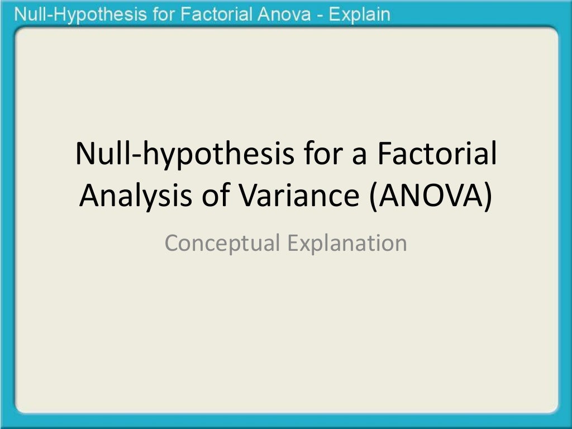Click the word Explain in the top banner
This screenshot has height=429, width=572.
[359, 15]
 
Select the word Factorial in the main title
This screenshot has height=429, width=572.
[436, 154]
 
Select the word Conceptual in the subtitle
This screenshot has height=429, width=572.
[223, 244]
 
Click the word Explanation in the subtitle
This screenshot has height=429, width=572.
[347, 244]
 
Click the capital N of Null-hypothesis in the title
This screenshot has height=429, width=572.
[85, 154]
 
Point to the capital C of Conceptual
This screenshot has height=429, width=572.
[172, 244]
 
